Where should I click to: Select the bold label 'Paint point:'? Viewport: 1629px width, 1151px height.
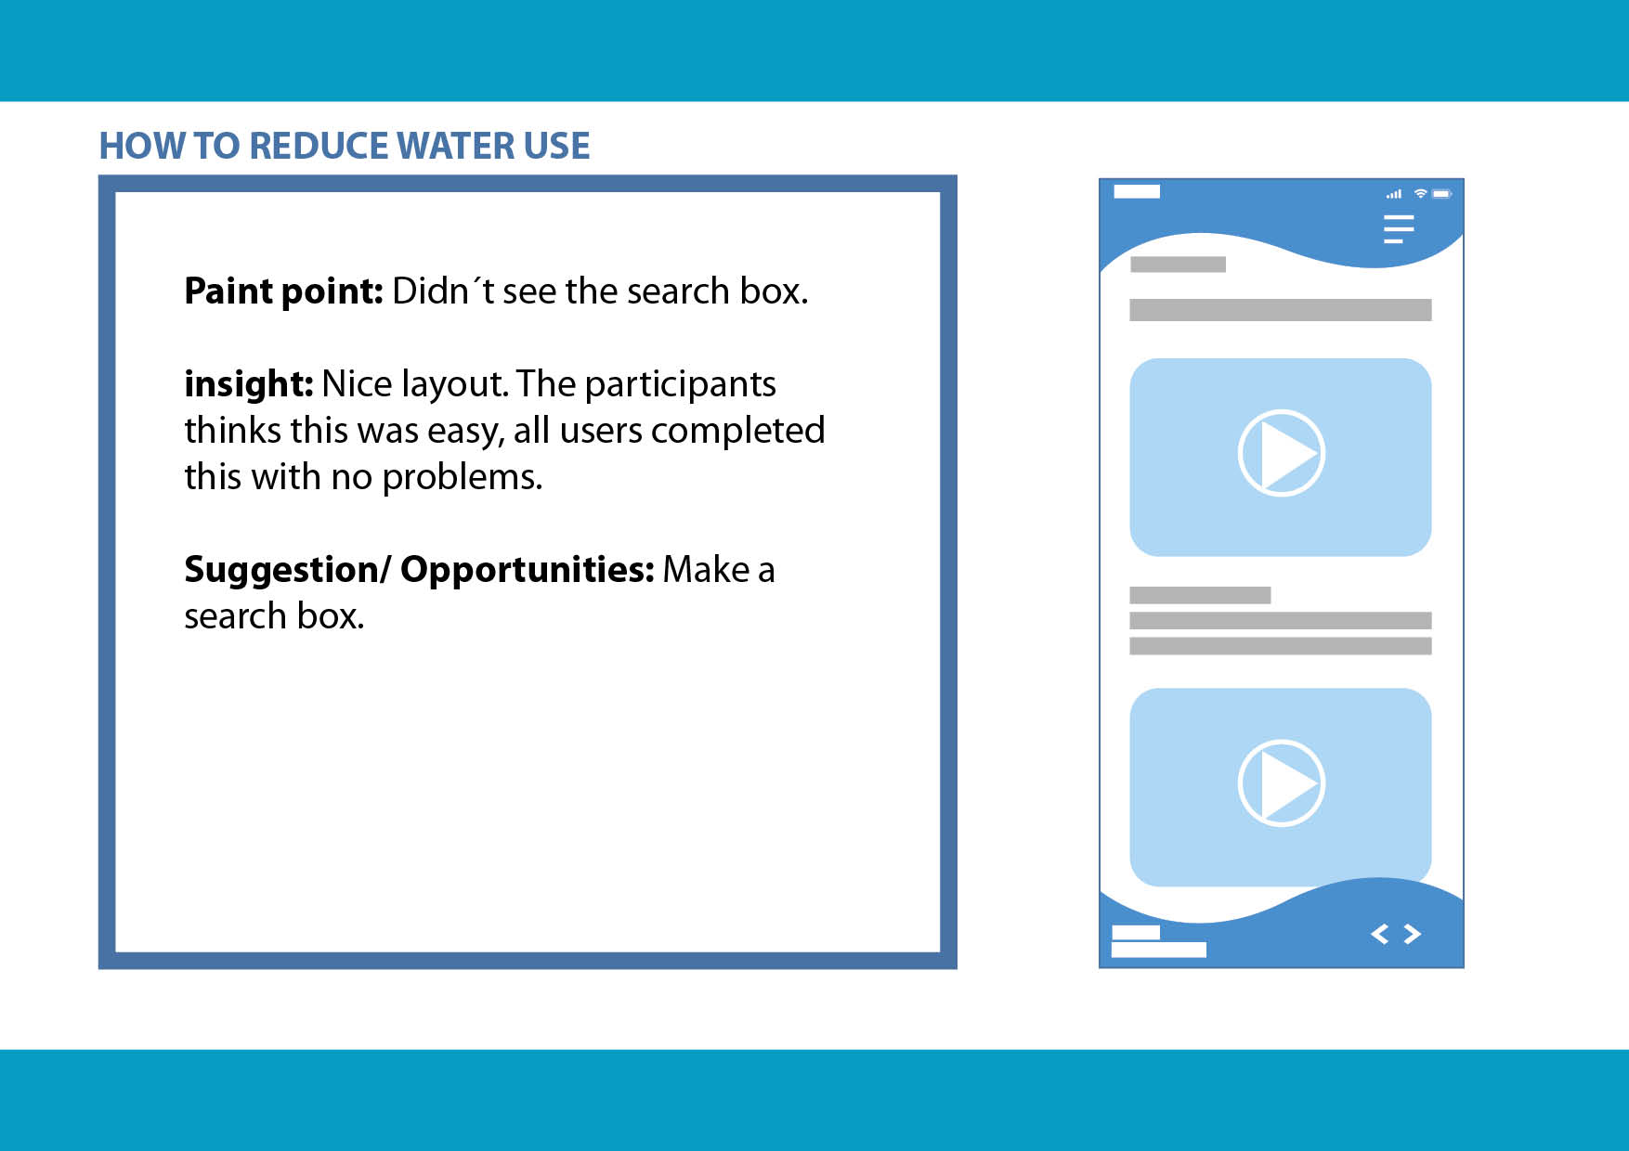[x=283, y=291]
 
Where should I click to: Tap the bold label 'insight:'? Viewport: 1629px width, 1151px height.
[x=248, y=383]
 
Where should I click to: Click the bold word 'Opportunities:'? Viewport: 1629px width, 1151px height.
[x=528, y=570]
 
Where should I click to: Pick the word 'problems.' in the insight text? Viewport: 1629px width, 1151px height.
[x=463, y=478]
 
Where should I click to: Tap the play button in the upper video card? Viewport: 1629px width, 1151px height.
[x=1282, y=453]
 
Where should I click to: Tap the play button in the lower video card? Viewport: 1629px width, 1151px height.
[x=1282, y=782]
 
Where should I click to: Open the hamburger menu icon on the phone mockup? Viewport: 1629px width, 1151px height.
[x=1399, y=229]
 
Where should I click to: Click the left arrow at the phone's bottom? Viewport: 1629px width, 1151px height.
[x=1380, y=934]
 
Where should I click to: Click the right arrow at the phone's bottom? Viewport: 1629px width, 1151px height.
[x=1413, y=934]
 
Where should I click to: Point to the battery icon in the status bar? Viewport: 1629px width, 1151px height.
[x=1442, y=194]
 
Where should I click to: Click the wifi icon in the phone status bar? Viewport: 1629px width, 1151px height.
[x=1420, y=193]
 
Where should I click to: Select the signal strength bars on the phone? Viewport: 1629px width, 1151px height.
[x=1394, y=194]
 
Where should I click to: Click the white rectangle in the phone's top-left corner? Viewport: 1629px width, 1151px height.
[x=1137, y=191]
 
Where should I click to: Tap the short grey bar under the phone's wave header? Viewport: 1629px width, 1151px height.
[x=1178, y=265]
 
